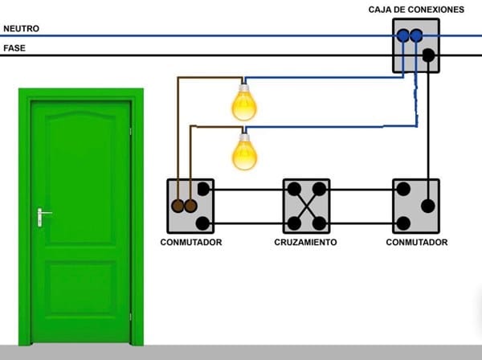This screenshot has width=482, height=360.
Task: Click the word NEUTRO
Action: [x=22, y=28]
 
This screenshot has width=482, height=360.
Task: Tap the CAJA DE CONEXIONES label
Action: [x=416, y=9]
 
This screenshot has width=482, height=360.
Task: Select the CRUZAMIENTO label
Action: [x=305, y=242]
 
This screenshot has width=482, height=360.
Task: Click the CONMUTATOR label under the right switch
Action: [x=416, y=242]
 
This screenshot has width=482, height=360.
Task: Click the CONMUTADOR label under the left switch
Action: [x=190, y=242]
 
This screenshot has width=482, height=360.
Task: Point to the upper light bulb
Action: [x=244, y=103]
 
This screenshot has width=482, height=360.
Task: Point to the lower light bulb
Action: [x=244, y=153]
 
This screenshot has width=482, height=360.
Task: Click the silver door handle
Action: [x=42, y=215]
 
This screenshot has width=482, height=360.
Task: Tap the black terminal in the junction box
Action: [x=428, y=55]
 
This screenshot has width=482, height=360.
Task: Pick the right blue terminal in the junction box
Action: [x=415, y=35]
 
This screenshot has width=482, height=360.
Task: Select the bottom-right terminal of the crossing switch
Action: [x=319, y=223]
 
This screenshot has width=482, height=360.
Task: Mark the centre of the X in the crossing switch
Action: [x=306, y=207]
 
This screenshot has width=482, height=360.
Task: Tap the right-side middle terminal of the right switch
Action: [x=428, y=206]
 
